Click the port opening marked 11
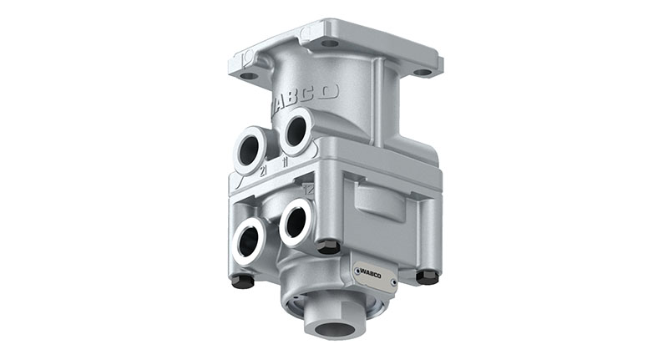(x=296, y=132)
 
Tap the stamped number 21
(x=263, y=170)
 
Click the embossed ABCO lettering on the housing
(x=304, y=99)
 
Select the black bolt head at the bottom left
(x=242, y=281)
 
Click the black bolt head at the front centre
(x=329, y=246)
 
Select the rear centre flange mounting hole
(x=330, y=42)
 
